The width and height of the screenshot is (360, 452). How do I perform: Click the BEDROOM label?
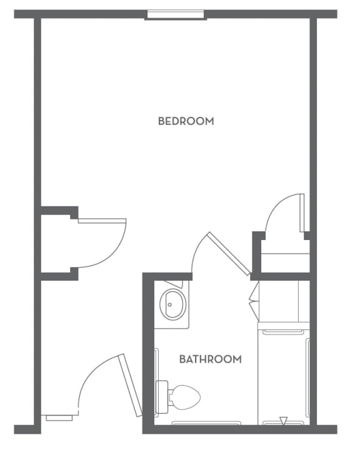pos(186,121)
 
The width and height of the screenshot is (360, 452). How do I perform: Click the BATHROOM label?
pos(211,359)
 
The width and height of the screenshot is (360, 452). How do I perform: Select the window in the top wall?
pos(176,14)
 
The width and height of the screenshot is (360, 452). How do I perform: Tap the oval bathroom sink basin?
pos(173,304)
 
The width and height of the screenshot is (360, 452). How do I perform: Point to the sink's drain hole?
pos(170,304)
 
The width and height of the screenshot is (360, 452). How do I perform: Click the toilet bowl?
pos(186,398)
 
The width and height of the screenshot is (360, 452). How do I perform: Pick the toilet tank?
pos(162,397)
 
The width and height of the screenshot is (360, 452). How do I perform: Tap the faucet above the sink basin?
pos(174,284)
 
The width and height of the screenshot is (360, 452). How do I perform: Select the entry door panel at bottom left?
pos(130,385)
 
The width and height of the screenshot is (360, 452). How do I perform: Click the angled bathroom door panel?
pos(229,254)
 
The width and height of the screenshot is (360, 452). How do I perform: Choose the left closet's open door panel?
pos(102,221)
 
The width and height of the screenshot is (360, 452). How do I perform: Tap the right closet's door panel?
pos(302,213)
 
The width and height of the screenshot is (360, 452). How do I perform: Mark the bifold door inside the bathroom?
pos(254,301)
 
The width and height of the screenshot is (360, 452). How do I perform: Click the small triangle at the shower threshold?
pos(284,421)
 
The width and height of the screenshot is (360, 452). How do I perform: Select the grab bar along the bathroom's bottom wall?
pos(206,423)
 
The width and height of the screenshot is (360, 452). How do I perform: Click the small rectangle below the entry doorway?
pos(59,418)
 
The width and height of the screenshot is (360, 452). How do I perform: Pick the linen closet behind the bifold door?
pos(284,301)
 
